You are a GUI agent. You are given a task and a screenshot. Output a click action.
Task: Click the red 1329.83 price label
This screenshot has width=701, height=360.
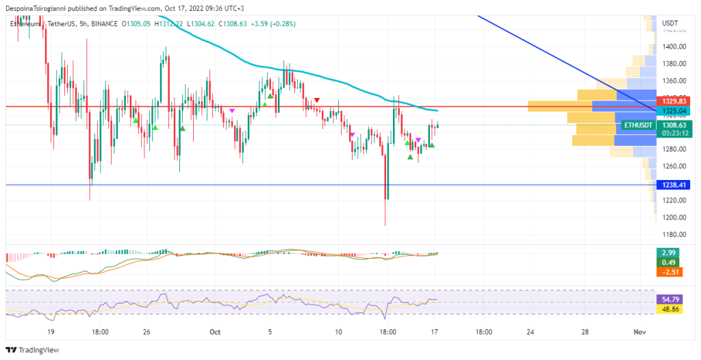point(670,101)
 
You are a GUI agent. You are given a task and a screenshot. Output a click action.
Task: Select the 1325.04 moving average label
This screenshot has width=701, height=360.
point(670,111)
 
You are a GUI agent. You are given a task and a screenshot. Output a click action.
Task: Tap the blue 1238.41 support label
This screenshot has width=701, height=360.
point(670,185)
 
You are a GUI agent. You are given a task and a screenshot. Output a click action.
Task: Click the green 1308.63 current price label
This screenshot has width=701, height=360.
point(670,126)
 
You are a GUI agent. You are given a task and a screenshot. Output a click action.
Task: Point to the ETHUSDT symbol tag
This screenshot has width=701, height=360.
point(638,126)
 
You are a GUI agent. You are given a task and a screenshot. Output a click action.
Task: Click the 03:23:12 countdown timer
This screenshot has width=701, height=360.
point(670,134)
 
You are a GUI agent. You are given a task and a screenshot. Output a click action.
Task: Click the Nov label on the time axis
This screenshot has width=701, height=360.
point(639,332)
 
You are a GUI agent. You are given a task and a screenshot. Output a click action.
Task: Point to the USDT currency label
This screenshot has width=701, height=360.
point(670,23)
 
